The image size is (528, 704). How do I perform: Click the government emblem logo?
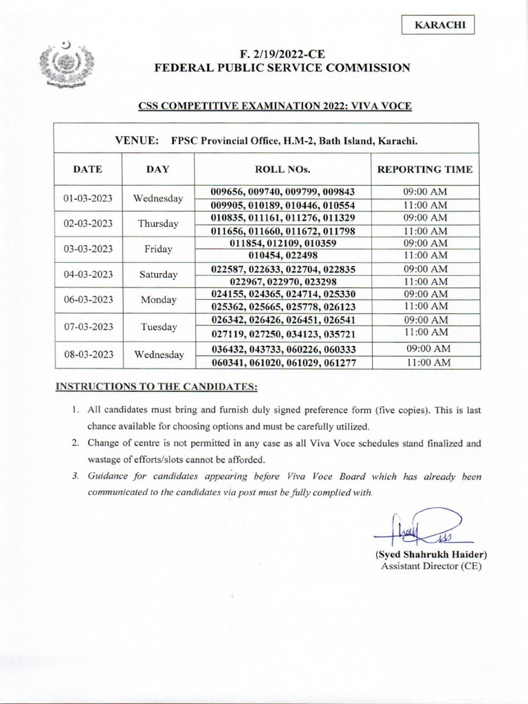tap(66, 67)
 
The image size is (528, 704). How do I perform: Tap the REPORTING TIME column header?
tap(426, 168)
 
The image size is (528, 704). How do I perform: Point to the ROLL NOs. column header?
tap(283, 168)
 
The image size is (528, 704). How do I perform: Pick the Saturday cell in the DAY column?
tap(158, 275)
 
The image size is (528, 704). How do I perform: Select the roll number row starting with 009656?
tap(283, 192)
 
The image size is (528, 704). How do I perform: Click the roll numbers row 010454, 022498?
tap(283, 255)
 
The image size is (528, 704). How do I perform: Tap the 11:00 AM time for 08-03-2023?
tap(426, 362)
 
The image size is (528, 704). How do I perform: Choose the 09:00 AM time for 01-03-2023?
tap(426, 192)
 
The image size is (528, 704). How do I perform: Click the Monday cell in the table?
tap(158, 300)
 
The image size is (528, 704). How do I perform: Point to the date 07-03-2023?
tap(87, 327)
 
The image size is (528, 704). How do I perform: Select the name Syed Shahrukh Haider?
tap(431, 554)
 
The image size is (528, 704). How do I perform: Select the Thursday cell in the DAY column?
tap(158, 224)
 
